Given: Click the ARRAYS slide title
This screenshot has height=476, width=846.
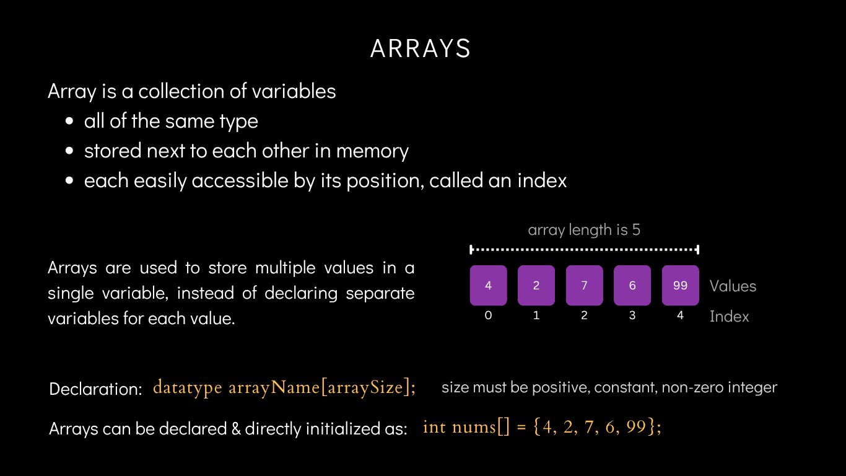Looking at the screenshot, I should coord(421,49).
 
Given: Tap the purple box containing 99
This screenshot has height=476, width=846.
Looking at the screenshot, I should coord(680,286).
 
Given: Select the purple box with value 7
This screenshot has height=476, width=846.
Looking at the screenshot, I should coord(584,286).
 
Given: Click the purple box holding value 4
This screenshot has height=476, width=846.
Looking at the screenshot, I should coord(488,286).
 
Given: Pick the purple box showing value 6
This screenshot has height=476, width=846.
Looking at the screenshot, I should coord(632,286).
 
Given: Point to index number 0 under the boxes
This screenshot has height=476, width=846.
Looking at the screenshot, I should coord(488,315).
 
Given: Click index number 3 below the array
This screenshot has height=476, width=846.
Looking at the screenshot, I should coord(632,315).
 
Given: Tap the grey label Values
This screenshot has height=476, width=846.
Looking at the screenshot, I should coord(733,286).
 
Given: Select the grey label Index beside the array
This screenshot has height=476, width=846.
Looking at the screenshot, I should coord(729,317).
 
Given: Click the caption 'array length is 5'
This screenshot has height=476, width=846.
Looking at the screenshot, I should coord(584,230).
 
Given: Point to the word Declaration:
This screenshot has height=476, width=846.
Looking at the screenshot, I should coord(96,389).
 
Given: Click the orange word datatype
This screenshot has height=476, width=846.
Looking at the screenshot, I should coord(187,388).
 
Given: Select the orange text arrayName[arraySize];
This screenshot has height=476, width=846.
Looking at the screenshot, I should coord(322,388).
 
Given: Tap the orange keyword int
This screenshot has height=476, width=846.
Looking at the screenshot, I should coord(434,427).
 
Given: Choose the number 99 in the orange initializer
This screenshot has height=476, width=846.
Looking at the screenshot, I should coord(636,427).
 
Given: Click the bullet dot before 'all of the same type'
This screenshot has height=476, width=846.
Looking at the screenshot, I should coord(71,121).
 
